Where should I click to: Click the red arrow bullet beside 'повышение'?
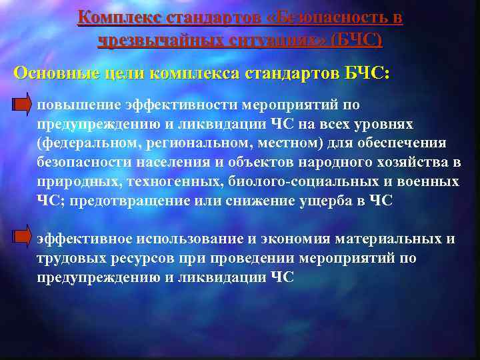tap(23, 105)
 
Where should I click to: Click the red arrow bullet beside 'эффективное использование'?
tap(23, 238)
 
